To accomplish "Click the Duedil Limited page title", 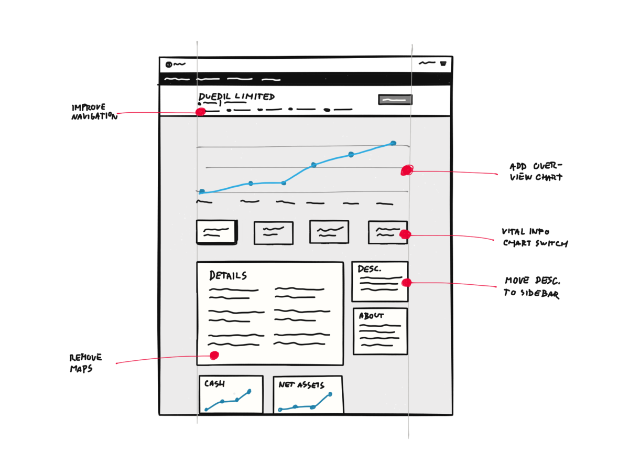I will pyautogui.click(x=236, y=96).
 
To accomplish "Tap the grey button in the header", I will pyautogui.click(x=395, y=100).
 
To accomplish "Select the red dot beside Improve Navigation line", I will pyautogui.click(x=200, y=112).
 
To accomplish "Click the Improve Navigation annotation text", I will pyautogui.click(x=94, y=112).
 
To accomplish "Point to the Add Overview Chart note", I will pyautogui.click(x=535, y=171).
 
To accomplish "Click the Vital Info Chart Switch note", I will pyautogui.click(x=535, y=238).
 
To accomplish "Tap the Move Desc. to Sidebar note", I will pyautogui.click(x=532, y=287).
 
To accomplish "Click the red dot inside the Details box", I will pyautogui.click(x=214, y=356).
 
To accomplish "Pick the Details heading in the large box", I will pyautogui.click(x=228, y=275).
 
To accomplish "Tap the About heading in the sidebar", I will pyautogui.click(x=371, y=316).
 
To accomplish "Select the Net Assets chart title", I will pyautogui.click(x=301, y=384).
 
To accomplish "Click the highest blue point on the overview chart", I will pyautogui.click(x=393, y=143).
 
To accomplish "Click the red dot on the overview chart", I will pyautogui.click(x=407, y=170).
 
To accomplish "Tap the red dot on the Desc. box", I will pyautogui.click(x=406, y=283).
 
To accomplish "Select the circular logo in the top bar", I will pyautogui.click(x=169, y=65).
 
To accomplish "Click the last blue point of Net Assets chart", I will pyautogui.click(x=330, y=394).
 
